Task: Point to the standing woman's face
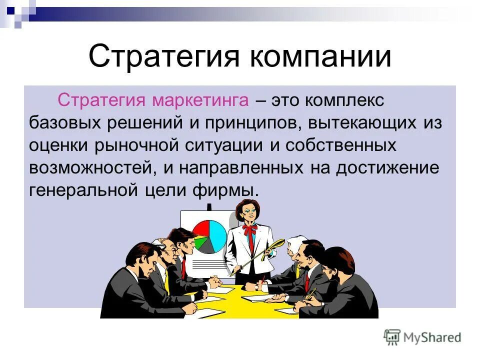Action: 249,212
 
